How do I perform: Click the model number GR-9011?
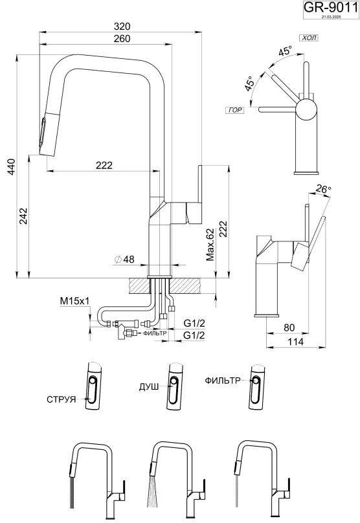[x=330, y=7]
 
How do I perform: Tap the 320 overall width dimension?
[x=122, y=27]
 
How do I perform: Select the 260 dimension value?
[x=122, y=39]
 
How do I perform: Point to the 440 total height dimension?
[x=11, y=168]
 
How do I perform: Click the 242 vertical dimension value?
[x=23, y=216]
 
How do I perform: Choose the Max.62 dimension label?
[x=210, y=245]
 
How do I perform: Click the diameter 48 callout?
[x=124, y=259]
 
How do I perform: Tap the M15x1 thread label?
[x=74, y=302]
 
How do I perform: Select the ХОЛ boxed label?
[x=309, y=38]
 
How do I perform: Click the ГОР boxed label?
[x=235, y=110]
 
